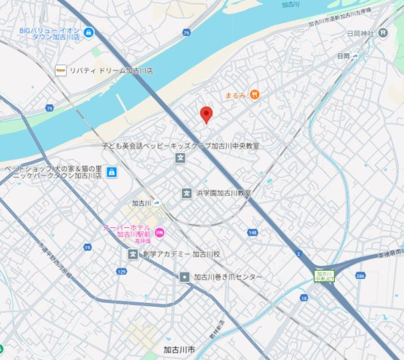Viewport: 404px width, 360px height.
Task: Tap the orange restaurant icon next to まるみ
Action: tap(255, 94)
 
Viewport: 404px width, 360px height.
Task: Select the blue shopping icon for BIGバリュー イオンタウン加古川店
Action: tap(89, 32)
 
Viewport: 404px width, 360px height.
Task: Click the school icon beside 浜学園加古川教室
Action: tap(185, 193)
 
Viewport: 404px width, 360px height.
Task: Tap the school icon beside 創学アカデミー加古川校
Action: tap(133, 254)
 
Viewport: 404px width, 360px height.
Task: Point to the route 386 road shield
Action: tap(360, 277)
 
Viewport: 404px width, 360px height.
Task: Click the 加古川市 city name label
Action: tap(179, 349)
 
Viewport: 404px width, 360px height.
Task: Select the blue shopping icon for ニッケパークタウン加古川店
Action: tap(111, 173)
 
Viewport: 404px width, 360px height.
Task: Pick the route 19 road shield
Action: tap(88, 247)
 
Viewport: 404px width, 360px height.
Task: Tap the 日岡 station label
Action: tap(342, 56)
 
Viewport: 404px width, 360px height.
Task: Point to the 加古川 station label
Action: tap(141, 203)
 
